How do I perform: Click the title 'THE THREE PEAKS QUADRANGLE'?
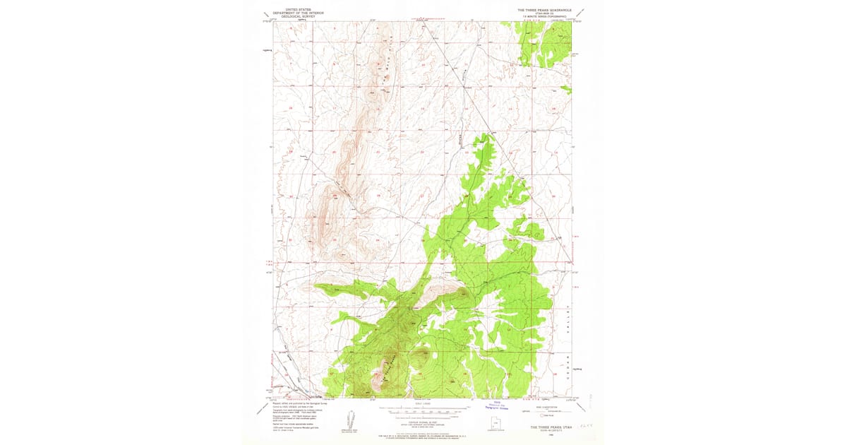544,11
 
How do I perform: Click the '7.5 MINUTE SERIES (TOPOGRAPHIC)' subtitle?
544,17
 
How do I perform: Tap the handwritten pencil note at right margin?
584,426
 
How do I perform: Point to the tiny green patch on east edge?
566,89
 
